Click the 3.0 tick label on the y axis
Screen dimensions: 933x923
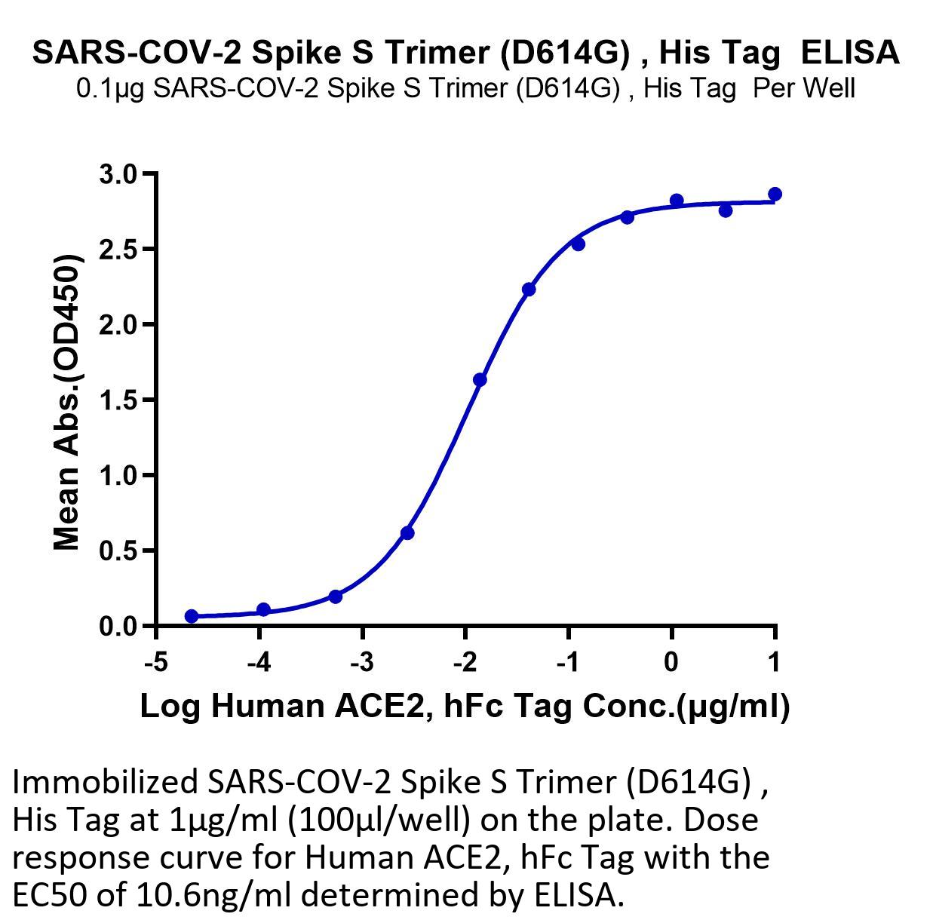[x=118, y=175]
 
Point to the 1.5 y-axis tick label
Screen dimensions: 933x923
[x=118, y=400]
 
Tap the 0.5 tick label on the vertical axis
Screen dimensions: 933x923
[x=118, y=551]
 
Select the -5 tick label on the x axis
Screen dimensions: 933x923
[x=156, y=661]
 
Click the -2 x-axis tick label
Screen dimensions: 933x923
[x=465, y=661]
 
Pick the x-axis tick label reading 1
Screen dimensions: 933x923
[x=775, y=661]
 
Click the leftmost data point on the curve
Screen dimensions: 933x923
[x=192, y=616]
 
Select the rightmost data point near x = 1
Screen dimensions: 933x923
[x=775, y=195]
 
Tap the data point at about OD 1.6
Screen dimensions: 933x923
[x=480, y=379]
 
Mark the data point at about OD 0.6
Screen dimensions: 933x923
[x=408, y=533]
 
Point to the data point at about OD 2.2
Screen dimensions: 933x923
[x=529, y=290]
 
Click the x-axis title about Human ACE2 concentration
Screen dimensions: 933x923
[x=465, y=707]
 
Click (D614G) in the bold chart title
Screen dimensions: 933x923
[x=565, y=54]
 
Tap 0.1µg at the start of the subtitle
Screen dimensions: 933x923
[x=110, y=90]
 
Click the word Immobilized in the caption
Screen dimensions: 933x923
[x=105, y=781]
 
